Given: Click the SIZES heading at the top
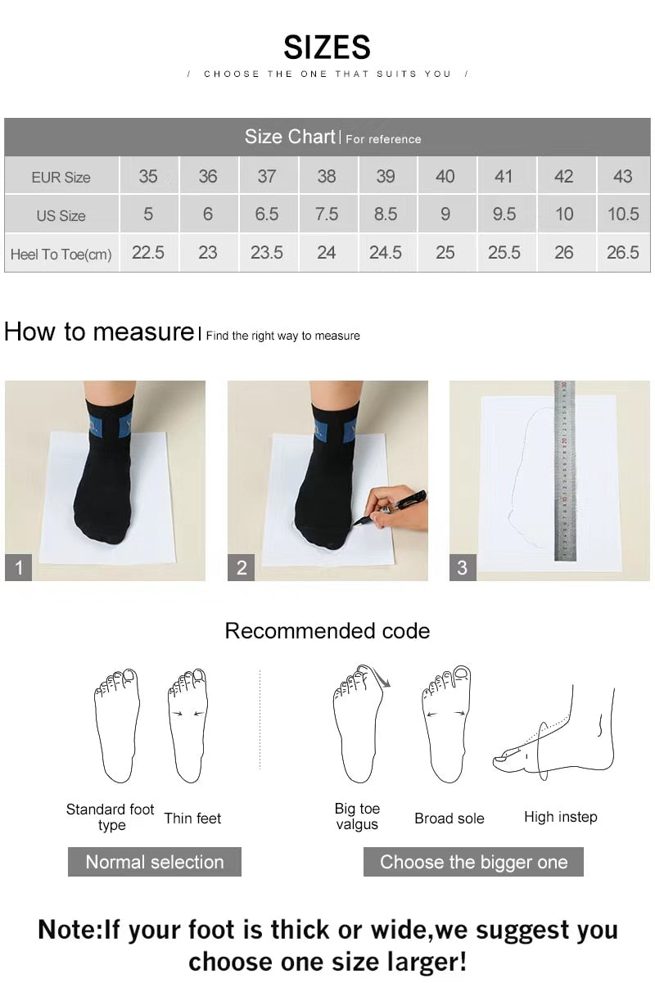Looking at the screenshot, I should click(327, 47).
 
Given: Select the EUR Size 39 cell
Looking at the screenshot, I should click(386, 176).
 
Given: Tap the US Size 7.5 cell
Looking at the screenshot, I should click(326, 214).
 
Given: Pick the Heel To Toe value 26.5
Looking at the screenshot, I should click(622, 253).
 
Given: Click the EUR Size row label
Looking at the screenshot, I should click(61, 177).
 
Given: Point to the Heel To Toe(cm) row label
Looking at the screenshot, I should click(61, 254).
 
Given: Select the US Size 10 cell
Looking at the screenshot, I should click(564, 214).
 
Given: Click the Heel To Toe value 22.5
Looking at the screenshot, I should click(148, 253).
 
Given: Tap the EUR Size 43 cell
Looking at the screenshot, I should click(622, 176).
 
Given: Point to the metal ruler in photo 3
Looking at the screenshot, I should click(565, 471).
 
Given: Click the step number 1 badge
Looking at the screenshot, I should click(18, 567).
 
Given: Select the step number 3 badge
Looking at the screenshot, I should click(463, 567).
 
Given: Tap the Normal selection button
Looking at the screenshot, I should click(155, 862).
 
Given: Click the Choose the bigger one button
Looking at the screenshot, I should click(473, 862).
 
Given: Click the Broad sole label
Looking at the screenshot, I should click(449, 818).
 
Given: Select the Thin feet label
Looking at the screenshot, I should click(192, 818).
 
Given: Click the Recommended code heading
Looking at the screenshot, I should click(327, 631).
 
